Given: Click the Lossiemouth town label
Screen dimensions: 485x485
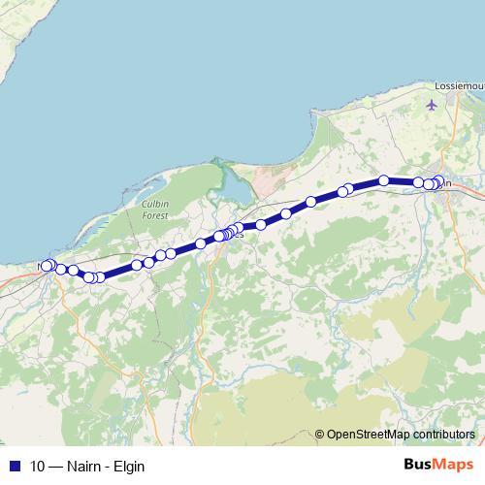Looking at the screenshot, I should [x=461, y=85].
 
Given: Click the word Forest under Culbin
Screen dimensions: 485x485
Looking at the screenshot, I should [x=156, y=216].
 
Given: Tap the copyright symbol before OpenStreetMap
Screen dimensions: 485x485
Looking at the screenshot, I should [x=320, y=435].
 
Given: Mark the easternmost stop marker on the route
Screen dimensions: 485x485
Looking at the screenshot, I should [x=438, y=180].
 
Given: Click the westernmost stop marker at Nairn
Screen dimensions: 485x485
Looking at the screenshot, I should [x=45, y=266].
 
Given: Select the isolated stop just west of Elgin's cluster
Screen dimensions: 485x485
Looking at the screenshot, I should [x=384, y=180].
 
